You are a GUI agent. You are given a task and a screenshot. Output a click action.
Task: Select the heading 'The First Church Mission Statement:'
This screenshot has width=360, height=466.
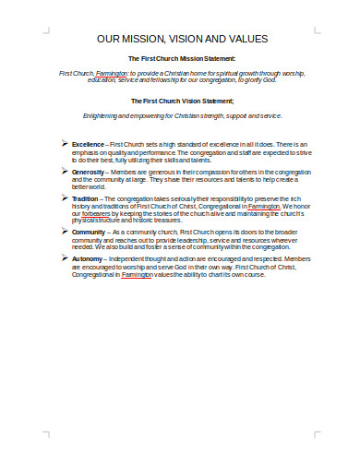click(182, 59)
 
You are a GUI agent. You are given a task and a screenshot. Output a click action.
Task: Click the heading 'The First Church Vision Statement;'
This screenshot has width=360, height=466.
click(182, 101)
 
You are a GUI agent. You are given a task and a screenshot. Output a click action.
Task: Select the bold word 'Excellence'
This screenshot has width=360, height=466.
click(89, 146)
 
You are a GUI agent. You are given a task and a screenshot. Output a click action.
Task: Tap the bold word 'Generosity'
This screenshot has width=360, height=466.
click(90, 172)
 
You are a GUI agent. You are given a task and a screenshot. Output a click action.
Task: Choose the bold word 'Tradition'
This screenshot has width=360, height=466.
click(87, 198)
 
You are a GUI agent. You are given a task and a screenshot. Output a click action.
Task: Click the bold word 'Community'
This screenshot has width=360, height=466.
click(90, 233)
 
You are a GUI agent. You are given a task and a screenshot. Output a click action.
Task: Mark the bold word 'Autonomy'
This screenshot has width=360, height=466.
click(89, 259)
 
